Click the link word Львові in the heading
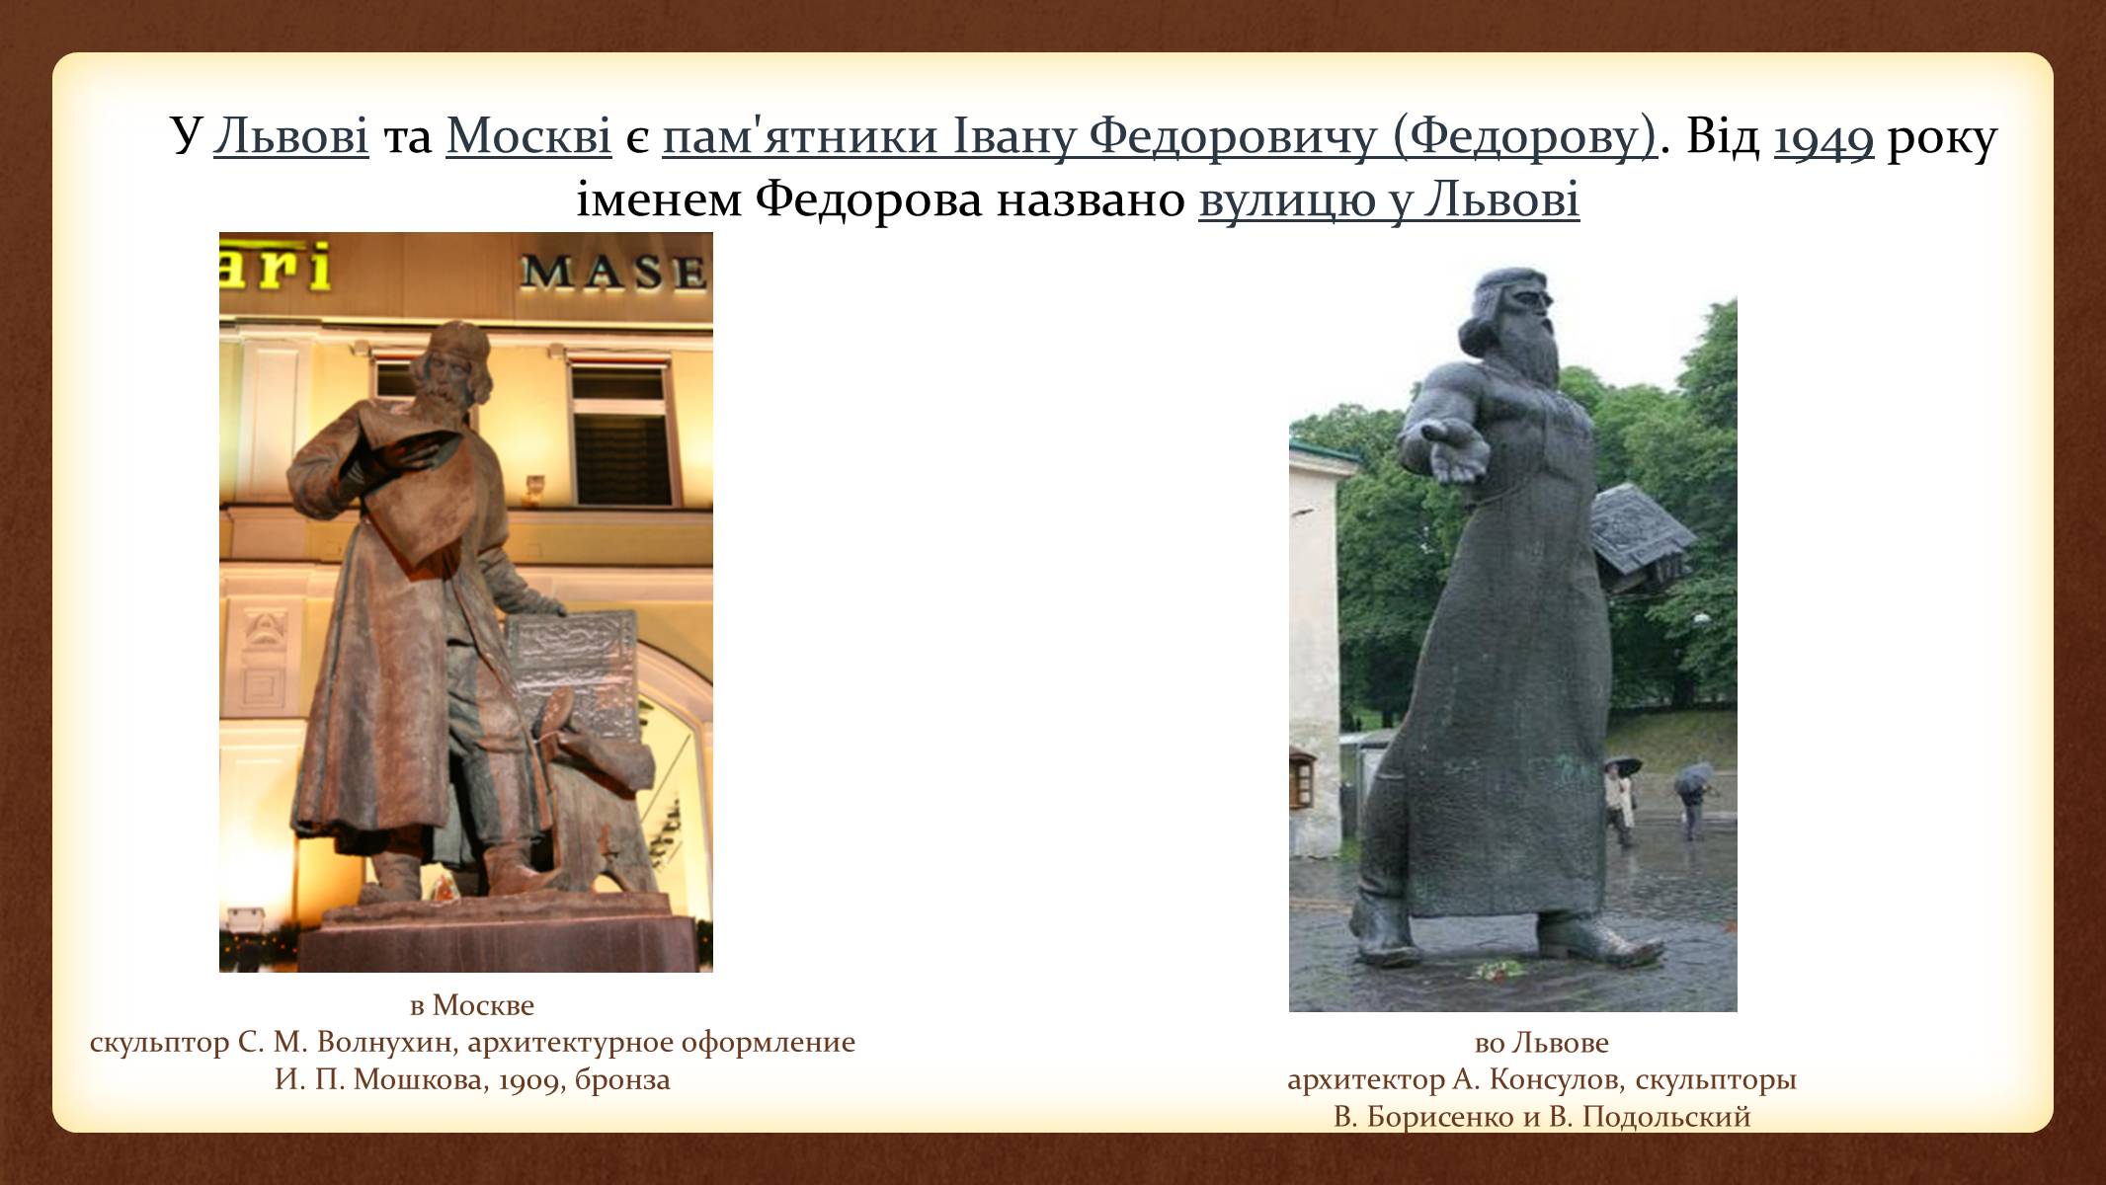(x=291, y=137)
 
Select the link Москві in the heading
(x=528, y=137)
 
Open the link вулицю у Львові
(x=1389, y=201)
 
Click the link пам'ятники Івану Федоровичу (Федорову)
(x=1159, y=138)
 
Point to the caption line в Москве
(x=472, y=1005)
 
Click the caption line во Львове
(x=1541, y=1043)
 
